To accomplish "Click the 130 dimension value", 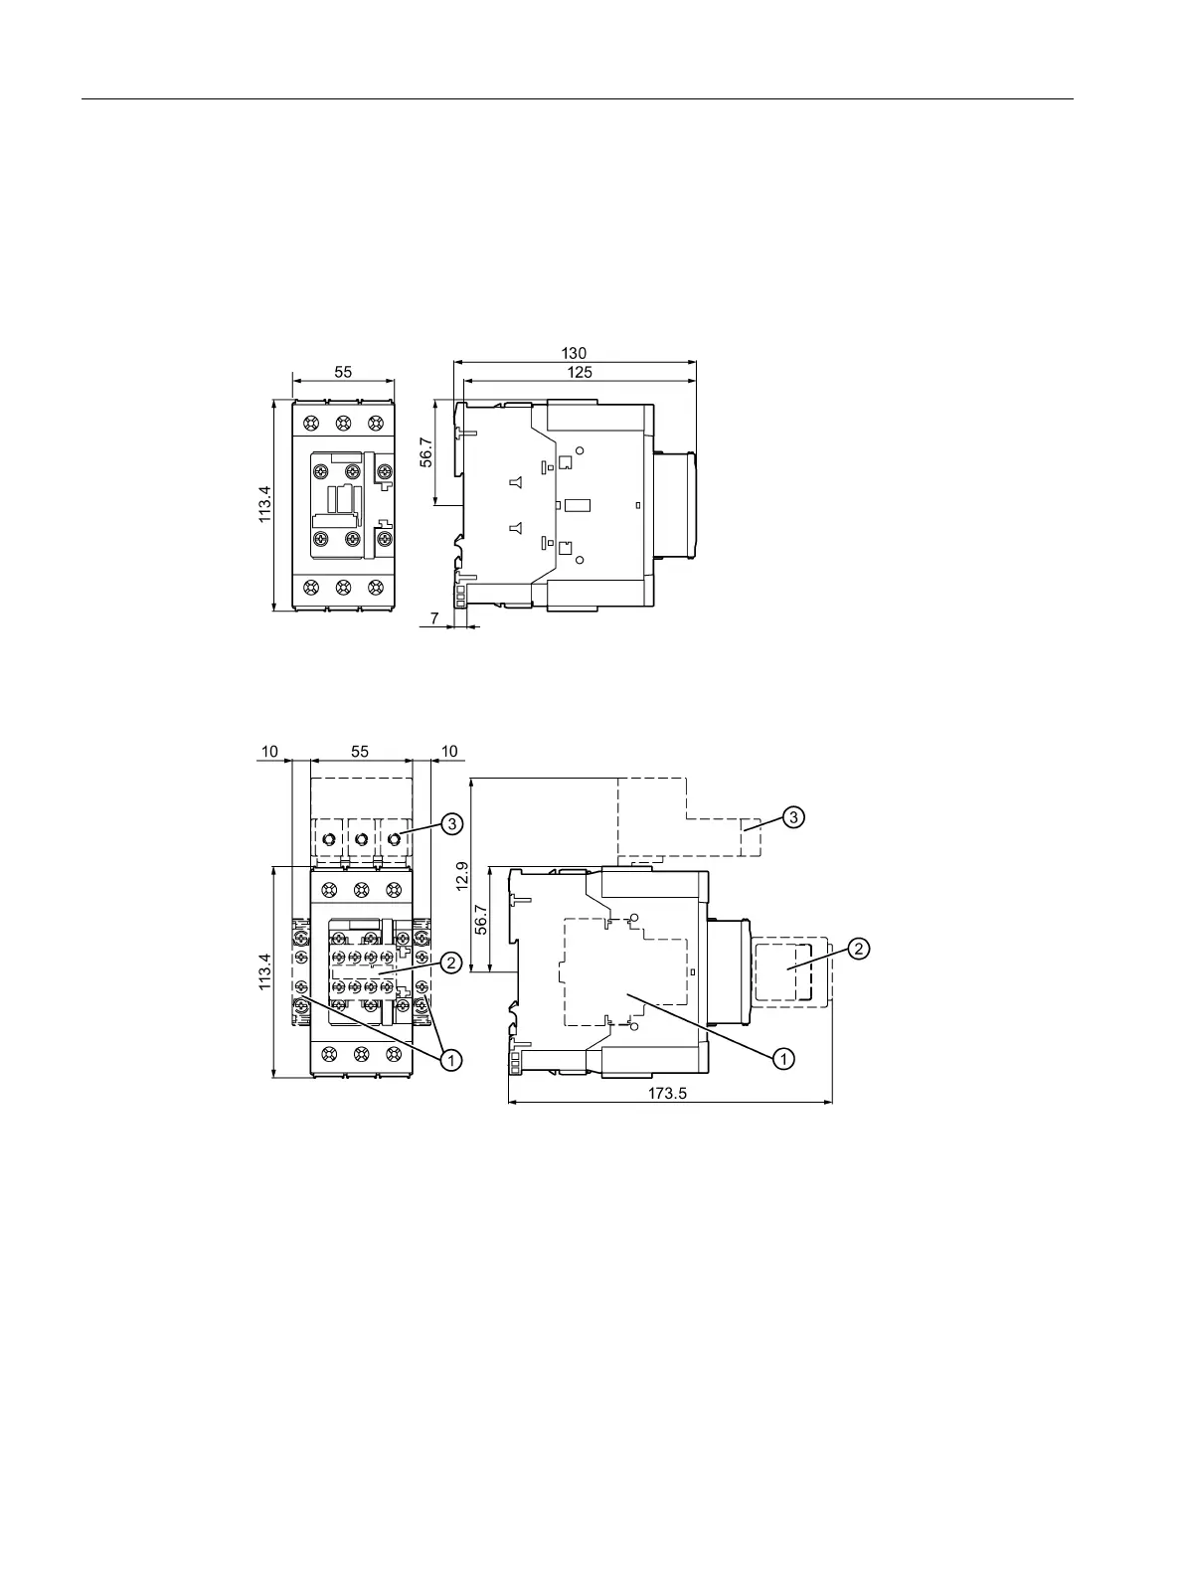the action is [x=574, y=353].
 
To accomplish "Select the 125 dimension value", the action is [x=580, y=373].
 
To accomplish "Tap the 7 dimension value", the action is [x=434, y=618].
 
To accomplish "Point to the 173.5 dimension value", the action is [x=667, y=1094].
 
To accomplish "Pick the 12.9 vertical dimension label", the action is [x=462, y=876].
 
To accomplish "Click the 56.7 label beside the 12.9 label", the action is [x=481, y=920].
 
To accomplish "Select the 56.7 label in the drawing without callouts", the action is [x=426, y=452].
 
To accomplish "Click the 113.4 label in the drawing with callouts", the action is [x=265, y=972].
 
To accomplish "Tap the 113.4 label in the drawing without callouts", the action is [x=265, y=504].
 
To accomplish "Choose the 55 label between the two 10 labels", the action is [x=360, y=752].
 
